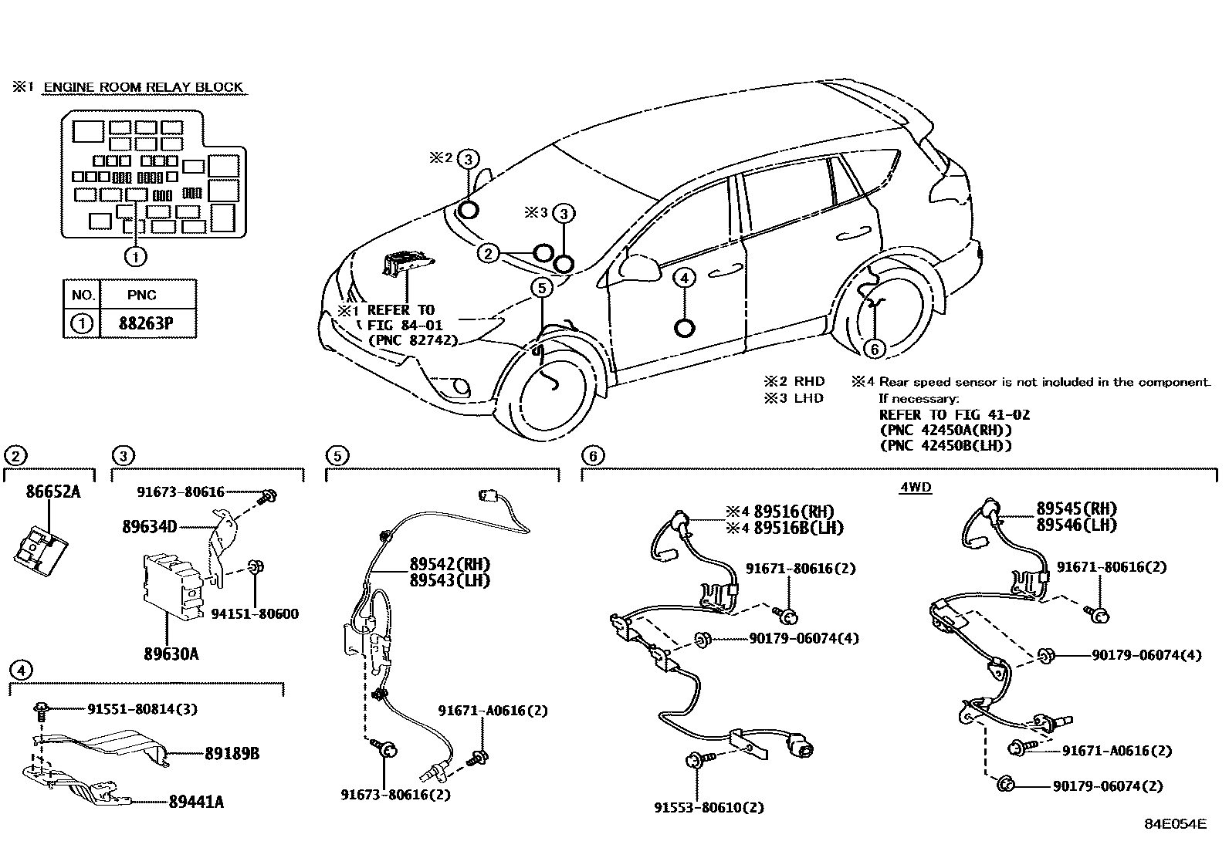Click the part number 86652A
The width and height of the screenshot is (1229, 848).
coord(48,491)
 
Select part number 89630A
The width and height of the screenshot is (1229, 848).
coord(171,654)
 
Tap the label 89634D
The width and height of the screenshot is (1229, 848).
coord(149,527)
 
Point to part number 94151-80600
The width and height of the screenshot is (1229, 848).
coord(255,614)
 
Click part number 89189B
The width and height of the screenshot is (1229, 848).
coord(232,753)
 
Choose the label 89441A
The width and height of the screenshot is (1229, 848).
coord(196,802)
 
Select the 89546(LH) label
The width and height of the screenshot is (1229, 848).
coord(1076,525)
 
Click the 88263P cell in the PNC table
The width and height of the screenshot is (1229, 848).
coord(145,323)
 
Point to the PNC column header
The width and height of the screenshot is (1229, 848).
coord(141,295)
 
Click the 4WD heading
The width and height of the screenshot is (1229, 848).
coord(916,488)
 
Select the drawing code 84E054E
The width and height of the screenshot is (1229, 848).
coord(1174,824)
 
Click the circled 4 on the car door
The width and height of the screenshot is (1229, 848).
coord(684,278)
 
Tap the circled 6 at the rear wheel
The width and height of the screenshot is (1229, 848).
coord(874,350)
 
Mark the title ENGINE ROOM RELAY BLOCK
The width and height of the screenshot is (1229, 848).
coord(143,87)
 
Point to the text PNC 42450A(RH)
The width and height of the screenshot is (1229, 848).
coord(945,430)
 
